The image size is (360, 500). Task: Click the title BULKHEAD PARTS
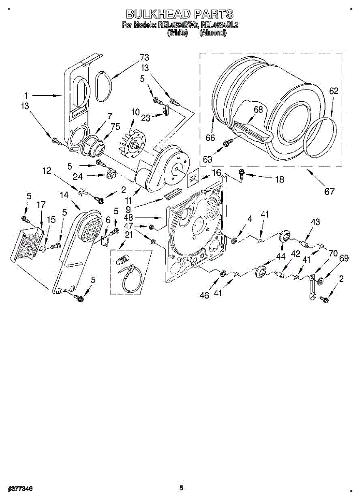[x=180, y=15]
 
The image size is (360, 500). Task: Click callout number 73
[x=144, y=57]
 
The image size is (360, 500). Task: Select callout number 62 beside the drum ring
[x=334, y=90]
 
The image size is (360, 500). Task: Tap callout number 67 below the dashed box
[x=330, y=191]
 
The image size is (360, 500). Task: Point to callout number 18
[x=279, y=180]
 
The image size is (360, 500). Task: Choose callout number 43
[x=315, y=222]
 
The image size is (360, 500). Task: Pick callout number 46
[x=204, y=295]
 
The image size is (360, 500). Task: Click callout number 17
[x=41, y=205]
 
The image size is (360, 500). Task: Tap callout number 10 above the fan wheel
[x=135, y=112]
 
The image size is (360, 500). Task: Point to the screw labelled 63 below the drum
[x=227, y=143]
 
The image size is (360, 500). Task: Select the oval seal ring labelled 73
[x=102, y=86]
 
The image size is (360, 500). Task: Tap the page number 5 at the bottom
[x=181, y=488]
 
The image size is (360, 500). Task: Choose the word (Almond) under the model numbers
[x=213, y=33]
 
